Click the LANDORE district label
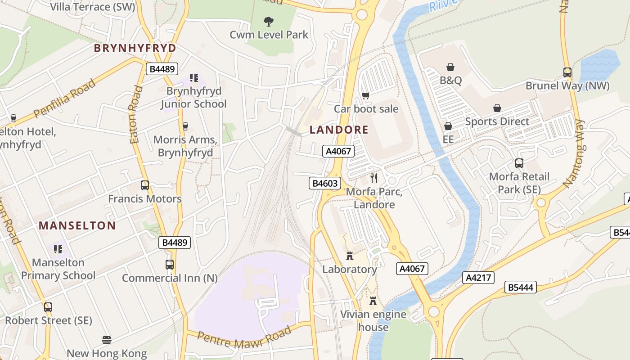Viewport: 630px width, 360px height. pyautogui.click(x=339, y=130)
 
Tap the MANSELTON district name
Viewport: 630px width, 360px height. pyautogui.click(x=77, y=225)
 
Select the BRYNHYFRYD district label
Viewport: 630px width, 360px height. pyautogui.click(x=135, y=48)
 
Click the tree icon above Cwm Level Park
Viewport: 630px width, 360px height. pyautogui.click(x=269, y=21)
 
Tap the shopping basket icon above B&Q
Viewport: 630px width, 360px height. pyautogui.click(x=450, y=67)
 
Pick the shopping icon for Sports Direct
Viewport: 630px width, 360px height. pyautogui.click(x=497, y=108)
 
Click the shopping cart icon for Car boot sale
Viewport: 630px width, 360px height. pyautogui.click(x=366, y=95)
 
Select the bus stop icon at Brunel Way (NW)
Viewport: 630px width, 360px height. pyautogui.click(x=567, y=72)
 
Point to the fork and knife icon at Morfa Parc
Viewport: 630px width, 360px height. pyautogui.click(x=373, y=178)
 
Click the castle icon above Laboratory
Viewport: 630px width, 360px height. pyautogui.click(x=350, y=256)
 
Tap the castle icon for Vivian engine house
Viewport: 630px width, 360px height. pyautogui.click(x=373, y=301)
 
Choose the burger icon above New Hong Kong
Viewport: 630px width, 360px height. pyautogui.click(x=107, y=340)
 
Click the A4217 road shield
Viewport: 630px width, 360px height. pyautogui.click(x=478, y=278)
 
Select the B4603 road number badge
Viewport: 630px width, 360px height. pyautogui.click(x=324, y=183)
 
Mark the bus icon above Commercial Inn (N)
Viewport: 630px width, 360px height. pyautogui.click(x=170, y=265)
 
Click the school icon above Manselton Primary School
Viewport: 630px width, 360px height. pyautogui.click(x=58, y=249)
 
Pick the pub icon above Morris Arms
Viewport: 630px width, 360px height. pyautogui.click(x=185, y=126)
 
